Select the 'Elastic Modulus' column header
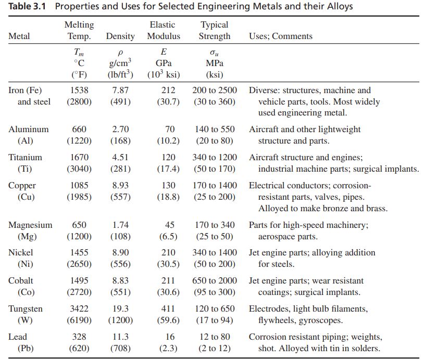[163, 31]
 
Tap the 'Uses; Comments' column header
[280, 36]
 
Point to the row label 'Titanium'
[26, 157]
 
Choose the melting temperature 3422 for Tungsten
[79, 309]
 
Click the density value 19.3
[120, 309]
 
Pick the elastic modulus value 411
[168, 309]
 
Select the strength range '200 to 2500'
[215, 91]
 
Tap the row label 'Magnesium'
[30, 225]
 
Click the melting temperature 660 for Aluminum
[79, 129]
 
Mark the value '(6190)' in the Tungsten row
[79, 320]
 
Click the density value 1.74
[120, 225]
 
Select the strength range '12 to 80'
[215, 337]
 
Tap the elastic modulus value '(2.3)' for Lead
[168, 349]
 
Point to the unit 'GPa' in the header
[164, 63]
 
